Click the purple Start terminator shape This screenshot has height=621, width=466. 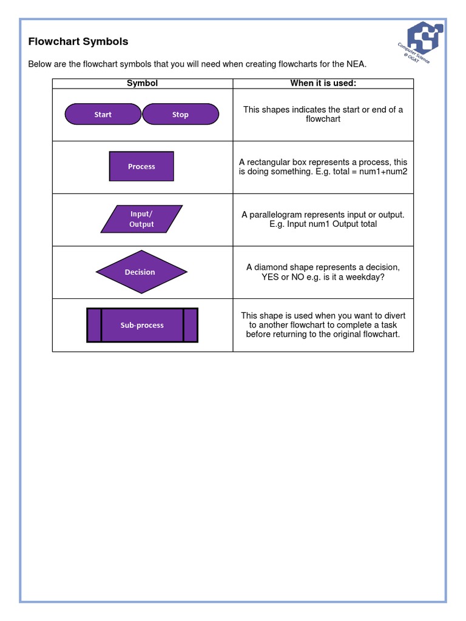[103, 114]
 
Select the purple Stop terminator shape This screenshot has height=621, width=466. [180, 114]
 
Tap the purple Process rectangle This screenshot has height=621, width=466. [141, 166]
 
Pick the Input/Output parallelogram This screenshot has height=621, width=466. [141, 219]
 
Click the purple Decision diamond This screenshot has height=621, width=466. [141, 272]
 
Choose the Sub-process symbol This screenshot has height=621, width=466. [142, 325]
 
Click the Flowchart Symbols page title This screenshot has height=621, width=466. [78, 42]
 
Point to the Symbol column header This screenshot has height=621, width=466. [142, 83]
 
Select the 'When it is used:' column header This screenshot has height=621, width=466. [323, 83]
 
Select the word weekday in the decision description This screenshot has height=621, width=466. [365, 277]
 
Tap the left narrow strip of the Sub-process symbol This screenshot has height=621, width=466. [94, 325]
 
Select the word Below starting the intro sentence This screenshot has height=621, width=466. [40, 64]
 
